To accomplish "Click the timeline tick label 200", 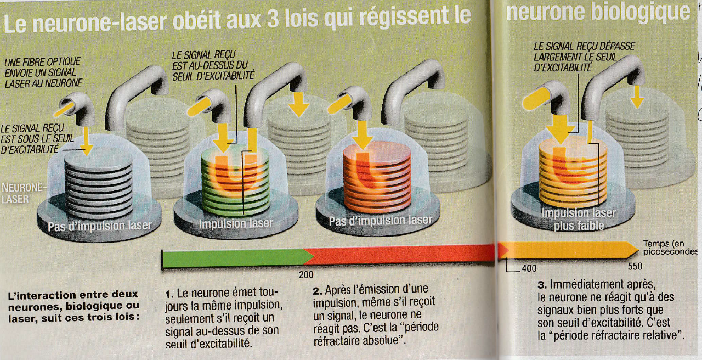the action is tap(306, 275).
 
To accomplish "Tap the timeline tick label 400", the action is tap(529, 268).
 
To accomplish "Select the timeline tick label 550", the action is tap(635, 266).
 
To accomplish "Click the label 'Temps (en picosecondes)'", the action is tap(670, 248).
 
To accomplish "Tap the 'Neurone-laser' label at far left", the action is tap(23, 193).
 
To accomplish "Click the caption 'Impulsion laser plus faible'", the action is tap(579, 219).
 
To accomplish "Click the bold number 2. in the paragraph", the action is tap(317, 291).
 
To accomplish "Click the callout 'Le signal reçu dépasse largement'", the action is tap(584, 57).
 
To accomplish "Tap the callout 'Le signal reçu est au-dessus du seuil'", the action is tap(213, 66).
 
